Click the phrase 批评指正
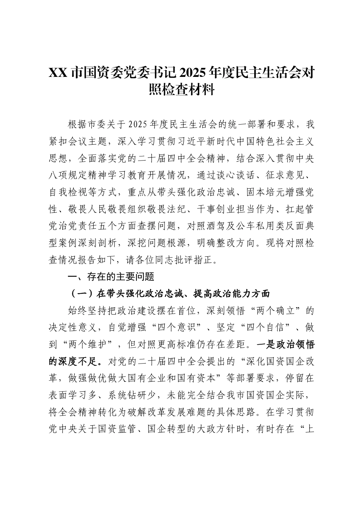pyautogui.click(x=185, y=260)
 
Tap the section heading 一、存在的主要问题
pyautogui.click(x=110, y=277)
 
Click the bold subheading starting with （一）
pyautogui.click(x=169, y=294)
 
